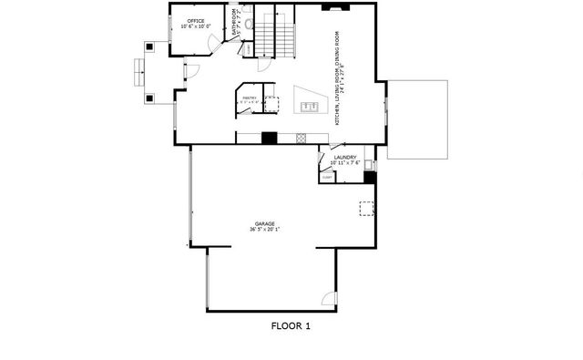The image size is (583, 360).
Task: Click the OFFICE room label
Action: (196, 20)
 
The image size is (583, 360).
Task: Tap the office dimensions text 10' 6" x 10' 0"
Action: (196, 26)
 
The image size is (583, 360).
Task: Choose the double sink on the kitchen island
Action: (310, 108)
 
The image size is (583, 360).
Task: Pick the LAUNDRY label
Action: (345, 157)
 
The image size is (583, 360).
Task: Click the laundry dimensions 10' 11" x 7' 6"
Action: (345, 163)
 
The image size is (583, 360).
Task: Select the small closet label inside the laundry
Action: (327, 177)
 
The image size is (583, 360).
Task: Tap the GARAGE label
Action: (264, 223)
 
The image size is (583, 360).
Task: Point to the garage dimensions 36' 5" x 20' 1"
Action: (264, 230)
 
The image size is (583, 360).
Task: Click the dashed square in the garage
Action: (366, 210)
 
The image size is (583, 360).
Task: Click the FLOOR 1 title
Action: (291, 325)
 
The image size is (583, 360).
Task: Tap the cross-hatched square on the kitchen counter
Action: (301, 139)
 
